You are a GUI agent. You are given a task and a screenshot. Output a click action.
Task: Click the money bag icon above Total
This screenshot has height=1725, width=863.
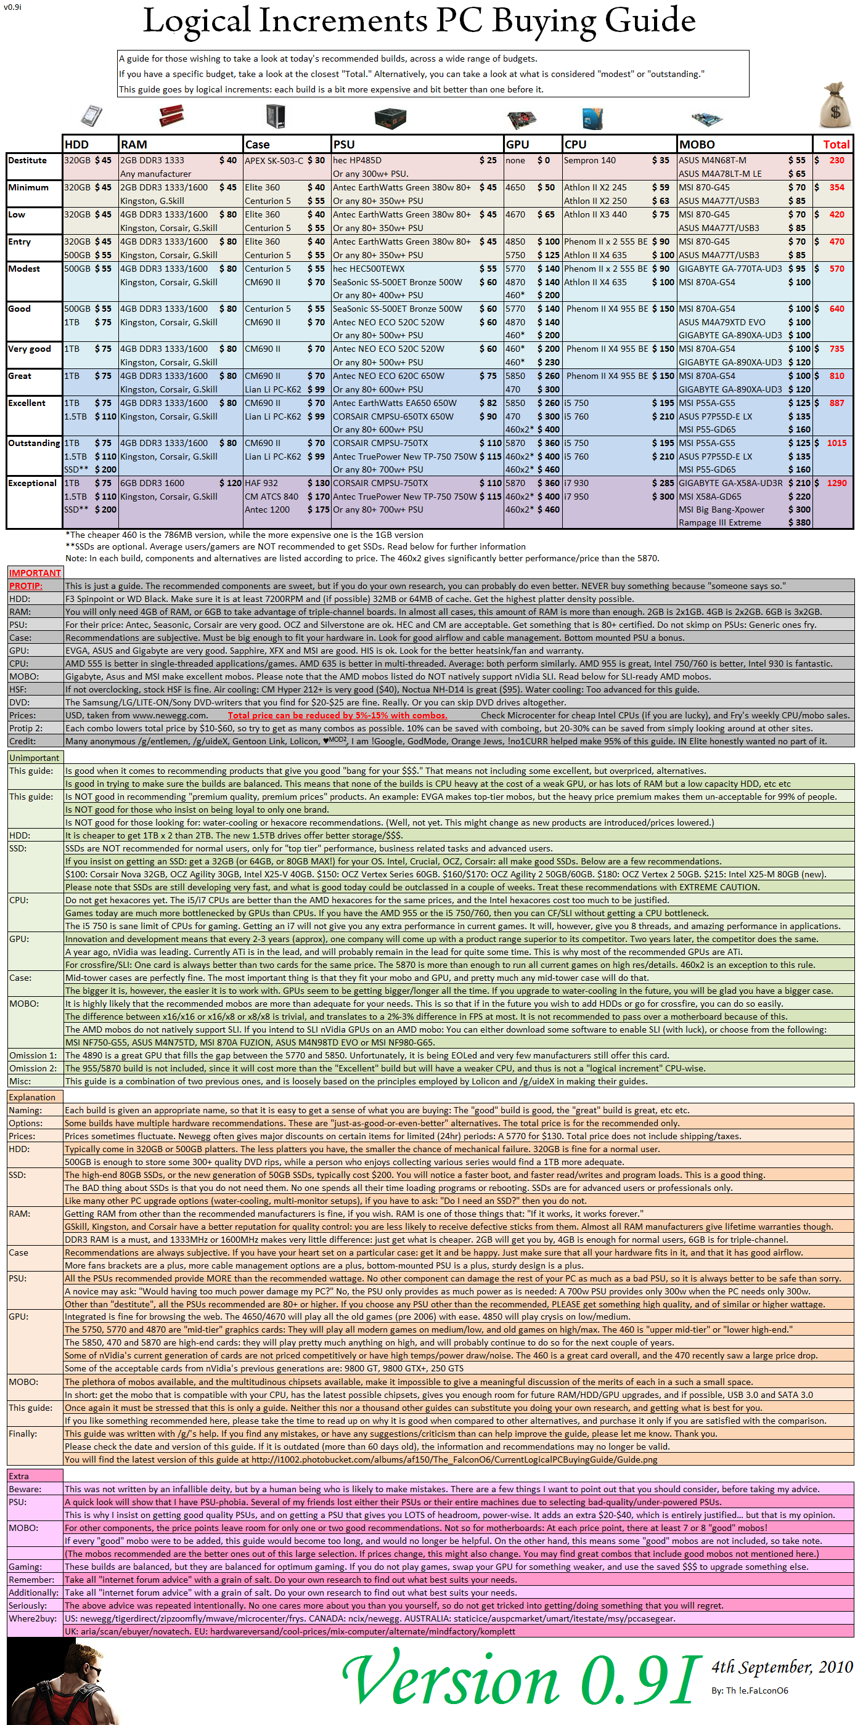pos(835,107)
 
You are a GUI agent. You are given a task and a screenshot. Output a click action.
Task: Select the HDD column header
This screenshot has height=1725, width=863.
pos(76,145)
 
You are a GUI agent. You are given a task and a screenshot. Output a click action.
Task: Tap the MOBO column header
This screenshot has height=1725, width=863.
pos(697,145)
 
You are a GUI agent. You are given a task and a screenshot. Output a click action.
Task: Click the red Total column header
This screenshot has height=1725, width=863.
pos(835,145)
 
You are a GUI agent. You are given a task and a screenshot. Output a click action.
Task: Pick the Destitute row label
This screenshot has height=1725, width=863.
pos(28,161)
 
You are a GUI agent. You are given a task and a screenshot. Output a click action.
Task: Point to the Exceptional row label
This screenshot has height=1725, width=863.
pos(32,484)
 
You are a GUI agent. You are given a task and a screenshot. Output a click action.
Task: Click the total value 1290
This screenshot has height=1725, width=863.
pos(836,484)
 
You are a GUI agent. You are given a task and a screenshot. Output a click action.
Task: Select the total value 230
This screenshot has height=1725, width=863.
pos(836,161)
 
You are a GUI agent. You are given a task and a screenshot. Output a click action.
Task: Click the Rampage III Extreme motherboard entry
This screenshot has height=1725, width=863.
pos(719,523)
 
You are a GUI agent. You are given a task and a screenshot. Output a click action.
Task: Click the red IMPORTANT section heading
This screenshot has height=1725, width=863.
pos(35,573)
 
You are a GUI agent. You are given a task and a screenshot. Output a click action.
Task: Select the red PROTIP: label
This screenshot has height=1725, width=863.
pos(25,586)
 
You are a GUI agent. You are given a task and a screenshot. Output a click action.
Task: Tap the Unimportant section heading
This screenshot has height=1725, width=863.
pos(34,758)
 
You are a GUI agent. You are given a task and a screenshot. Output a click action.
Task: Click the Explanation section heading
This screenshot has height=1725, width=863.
pos(32,1097)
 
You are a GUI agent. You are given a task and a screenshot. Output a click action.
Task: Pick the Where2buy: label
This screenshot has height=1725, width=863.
pos(32,1618)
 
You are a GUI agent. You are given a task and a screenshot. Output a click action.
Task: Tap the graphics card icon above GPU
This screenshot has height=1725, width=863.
pos(521,119)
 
